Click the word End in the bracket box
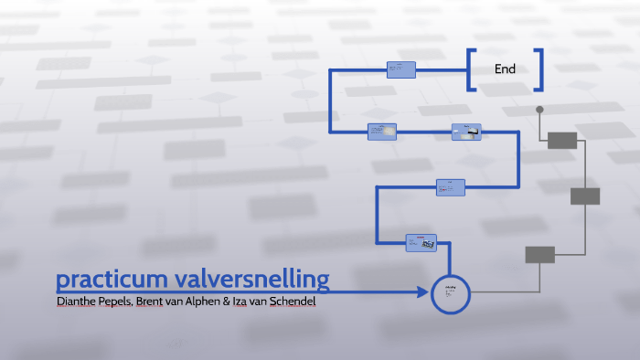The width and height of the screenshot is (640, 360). pos(505,69)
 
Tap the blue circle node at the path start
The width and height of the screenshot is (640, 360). pos(450,293)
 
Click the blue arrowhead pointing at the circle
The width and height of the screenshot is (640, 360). pos(423,292)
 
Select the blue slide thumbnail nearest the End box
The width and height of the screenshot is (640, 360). pos(401,69)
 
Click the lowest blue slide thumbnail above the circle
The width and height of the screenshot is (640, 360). pos(421,243)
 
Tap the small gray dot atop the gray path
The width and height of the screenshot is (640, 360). pos(539,110)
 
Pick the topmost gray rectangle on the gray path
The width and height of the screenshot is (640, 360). pos(562,140)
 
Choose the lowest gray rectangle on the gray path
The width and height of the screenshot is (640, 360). pos(539,255)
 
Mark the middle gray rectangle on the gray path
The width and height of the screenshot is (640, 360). pos(585,196)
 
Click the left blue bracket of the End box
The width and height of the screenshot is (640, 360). pos(471,69)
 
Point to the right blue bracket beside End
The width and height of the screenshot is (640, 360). pos(539,69)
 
